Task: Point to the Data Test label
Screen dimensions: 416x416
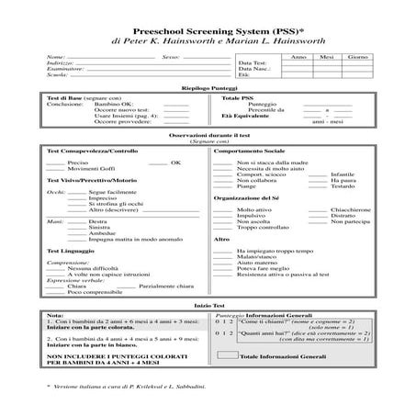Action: (252, 63)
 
